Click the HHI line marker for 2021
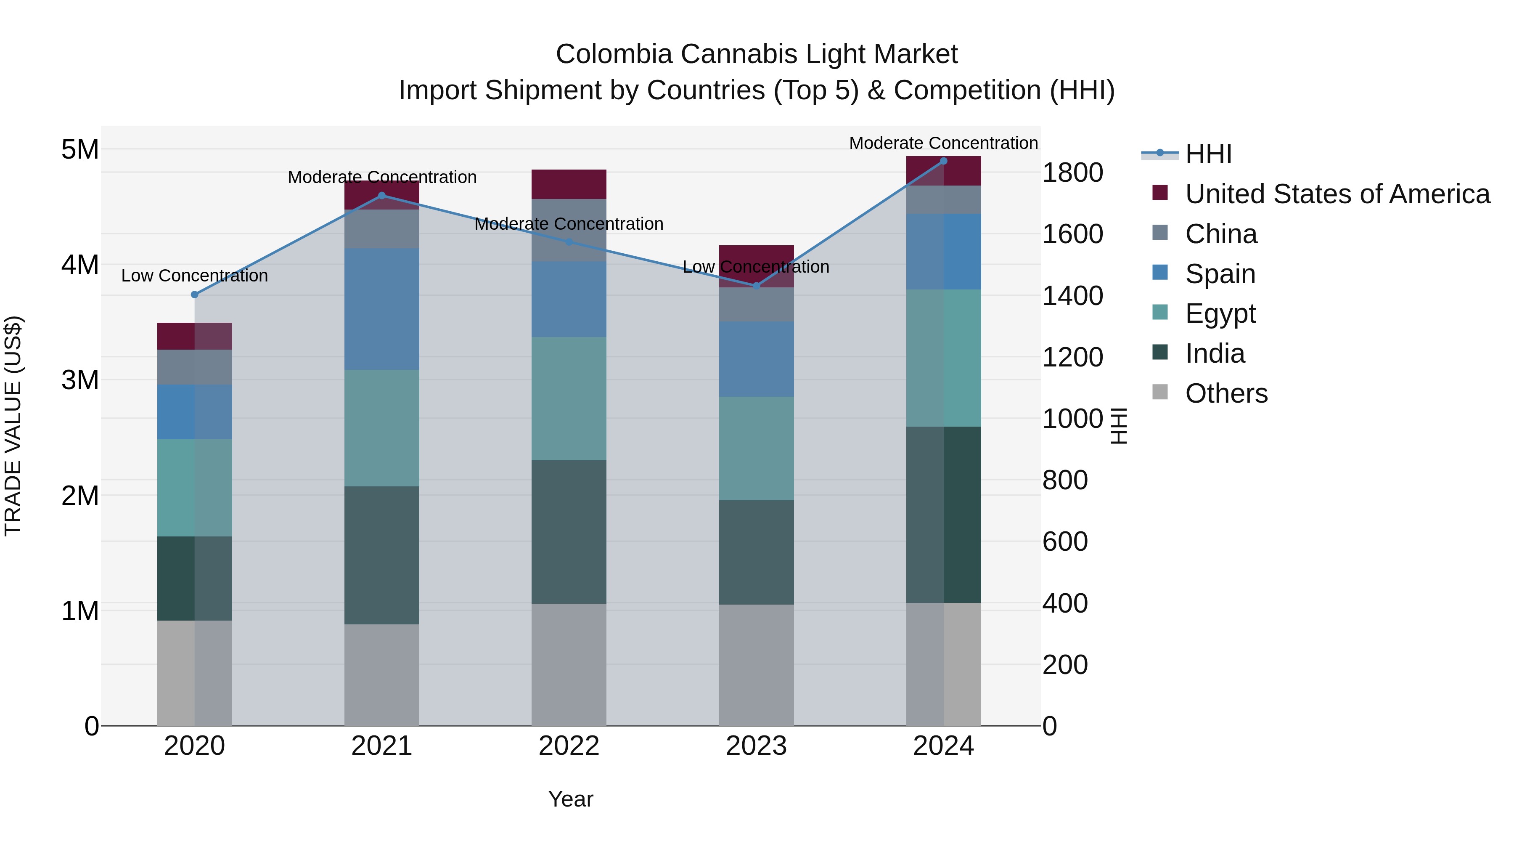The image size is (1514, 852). point(381,195)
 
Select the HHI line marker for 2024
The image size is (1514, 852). point(943,161)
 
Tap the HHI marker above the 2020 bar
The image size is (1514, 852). point(195,295)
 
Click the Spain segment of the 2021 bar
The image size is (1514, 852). point(381,309)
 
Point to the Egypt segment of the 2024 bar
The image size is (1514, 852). point(943,358)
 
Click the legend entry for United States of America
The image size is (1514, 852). point(1337,194)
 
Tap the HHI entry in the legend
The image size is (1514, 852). point(1208,154)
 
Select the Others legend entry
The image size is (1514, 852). point(1225,393)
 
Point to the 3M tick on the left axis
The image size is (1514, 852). point(80,380)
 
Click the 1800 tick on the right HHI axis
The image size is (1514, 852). point(1072,173)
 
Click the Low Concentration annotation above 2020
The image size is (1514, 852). point(195,276)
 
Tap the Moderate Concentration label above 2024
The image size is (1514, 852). point(943,143)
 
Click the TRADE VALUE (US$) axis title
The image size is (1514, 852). point(13,426)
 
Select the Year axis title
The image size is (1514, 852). point(570,799)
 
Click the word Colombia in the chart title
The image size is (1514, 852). point(614,54)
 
